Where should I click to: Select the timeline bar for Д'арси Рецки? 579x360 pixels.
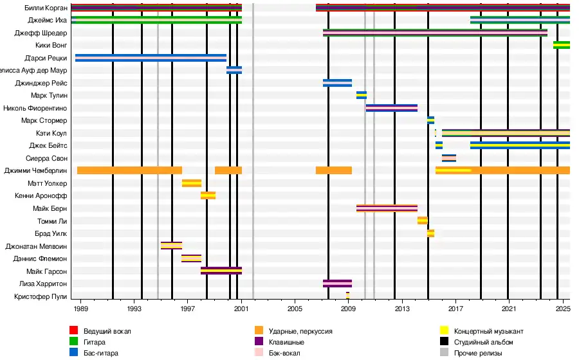pyautogui.click(x=151, y=58)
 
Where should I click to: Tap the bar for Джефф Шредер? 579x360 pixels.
pyautogui.click(x=435, y=32)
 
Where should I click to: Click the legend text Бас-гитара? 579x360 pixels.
pyautogui.click(x=100, y=353)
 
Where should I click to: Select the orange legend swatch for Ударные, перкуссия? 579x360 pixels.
pyautogui.click(x=259, y=331)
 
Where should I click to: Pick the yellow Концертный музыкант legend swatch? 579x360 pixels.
pyautogui.click(x=444, y=331)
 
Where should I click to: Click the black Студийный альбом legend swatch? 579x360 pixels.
pyautogui.click(x=444, y=342)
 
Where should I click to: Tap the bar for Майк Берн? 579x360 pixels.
pyautogui.click(x=387, y=208)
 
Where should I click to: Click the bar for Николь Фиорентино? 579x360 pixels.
pyautogui.click(x=391, y=108)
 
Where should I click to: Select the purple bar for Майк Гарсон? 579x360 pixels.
pyautogui.click(x=221, y=271)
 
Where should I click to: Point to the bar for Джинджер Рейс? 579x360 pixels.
pyautogui.click(x=337, y=83)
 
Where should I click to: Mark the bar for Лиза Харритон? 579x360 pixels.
pyautogui.click(x=337, y=283)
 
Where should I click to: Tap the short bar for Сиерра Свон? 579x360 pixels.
pyautogui.click(x=448, y=158)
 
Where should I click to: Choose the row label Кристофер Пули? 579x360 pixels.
pyautogui.click(x=41, y=296)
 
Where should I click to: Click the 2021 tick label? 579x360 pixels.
pyautogui.click(x=508, y=308)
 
